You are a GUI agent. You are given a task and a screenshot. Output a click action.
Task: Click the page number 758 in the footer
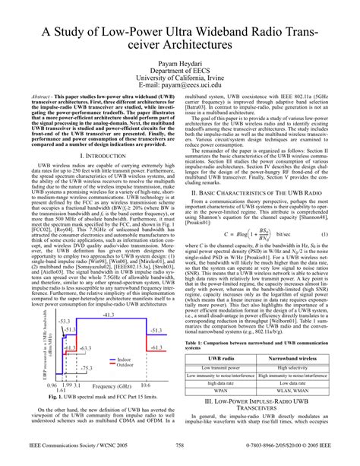point(180,456)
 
